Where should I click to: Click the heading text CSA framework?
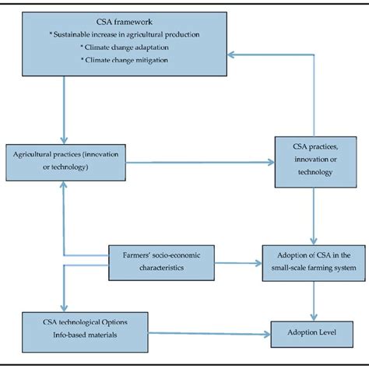click(125, 22)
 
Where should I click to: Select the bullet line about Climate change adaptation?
click(125, 47)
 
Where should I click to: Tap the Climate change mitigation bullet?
click(125, 60)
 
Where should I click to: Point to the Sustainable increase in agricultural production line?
click(125, 34)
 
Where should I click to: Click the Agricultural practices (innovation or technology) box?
click(66, 163)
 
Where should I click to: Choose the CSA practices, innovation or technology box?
click(315, 162)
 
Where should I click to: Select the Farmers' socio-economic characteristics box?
click(161, 263)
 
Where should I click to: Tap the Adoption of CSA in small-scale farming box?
click(314, 263)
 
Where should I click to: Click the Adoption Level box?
click(312, 334)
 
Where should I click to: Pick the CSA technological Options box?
click(85, 332)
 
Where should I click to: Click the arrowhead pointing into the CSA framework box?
click(231, 54)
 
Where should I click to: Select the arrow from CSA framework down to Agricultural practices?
click(64, 110)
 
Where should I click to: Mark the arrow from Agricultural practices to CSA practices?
click(200, 163)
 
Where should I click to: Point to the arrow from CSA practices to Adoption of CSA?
click(314, 216)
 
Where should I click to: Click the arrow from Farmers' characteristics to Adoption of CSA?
click(238, 263)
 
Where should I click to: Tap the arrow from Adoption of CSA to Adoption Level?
click(314, 301)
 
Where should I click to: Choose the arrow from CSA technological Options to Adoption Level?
click(209, 334)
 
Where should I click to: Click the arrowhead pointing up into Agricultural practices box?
click(64, 184)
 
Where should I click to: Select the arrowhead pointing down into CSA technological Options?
click(64, 308)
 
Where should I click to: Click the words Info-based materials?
click(85, 335)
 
